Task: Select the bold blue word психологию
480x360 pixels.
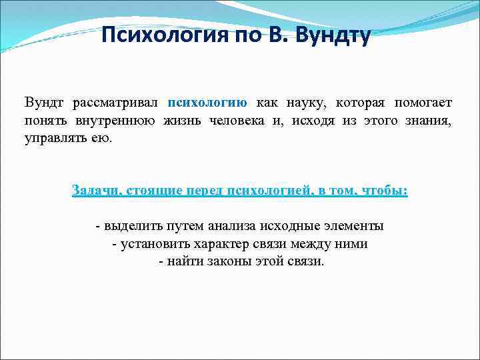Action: (207, 103)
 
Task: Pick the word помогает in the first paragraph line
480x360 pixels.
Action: (423, 103)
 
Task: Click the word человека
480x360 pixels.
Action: (218, 121)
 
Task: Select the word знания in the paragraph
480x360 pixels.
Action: (430, 121)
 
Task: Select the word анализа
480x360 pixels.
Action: (233, 227)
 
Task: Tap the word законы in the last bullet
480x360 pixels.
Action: (225, 261)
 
